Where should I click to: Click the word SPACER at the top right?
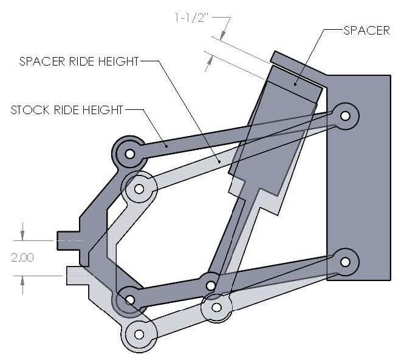tap(366, 30)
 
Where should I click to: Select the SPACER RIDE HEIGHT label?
tap(80, 61)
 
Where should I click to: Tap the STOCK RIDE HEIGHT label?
tap(67, 110)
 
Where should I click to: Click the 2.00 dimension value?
tap(23, 257)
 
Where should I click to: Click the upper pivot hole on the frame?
tap(346, 114)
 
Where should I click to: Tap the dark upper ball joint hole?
tap(129, 154)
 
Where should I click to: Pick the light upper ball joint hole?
tap(139, 189)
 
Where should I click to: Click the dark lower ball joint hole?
tap(129, 299)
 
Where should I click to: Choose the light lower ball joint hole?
tap(139, 334)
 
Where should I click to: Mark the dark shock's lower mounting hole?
tap(210, 284)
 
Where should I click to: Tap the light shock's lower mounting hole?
tap(216, 306)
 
